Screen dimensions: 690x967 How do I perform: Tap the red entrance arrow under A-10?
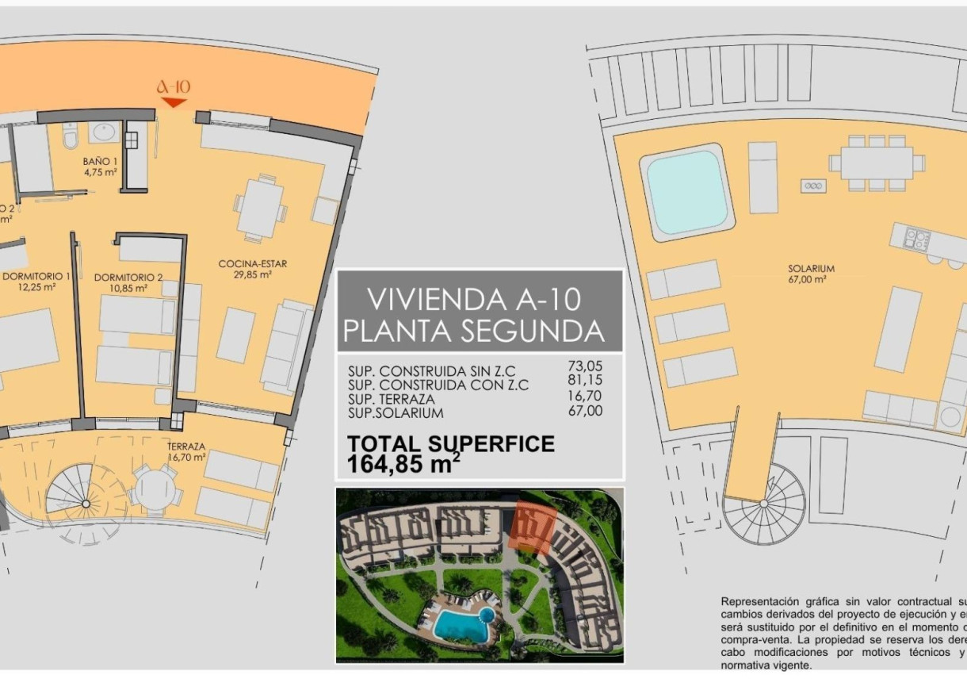[174, 102]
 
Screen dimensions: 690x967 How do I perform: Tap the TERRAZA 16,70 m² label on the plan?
[186, 451]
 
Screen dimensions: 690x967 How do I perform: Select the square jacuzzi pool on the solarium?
[686, 193]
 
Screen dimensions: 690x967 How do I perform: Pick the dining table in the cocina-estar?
[261, 208]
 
